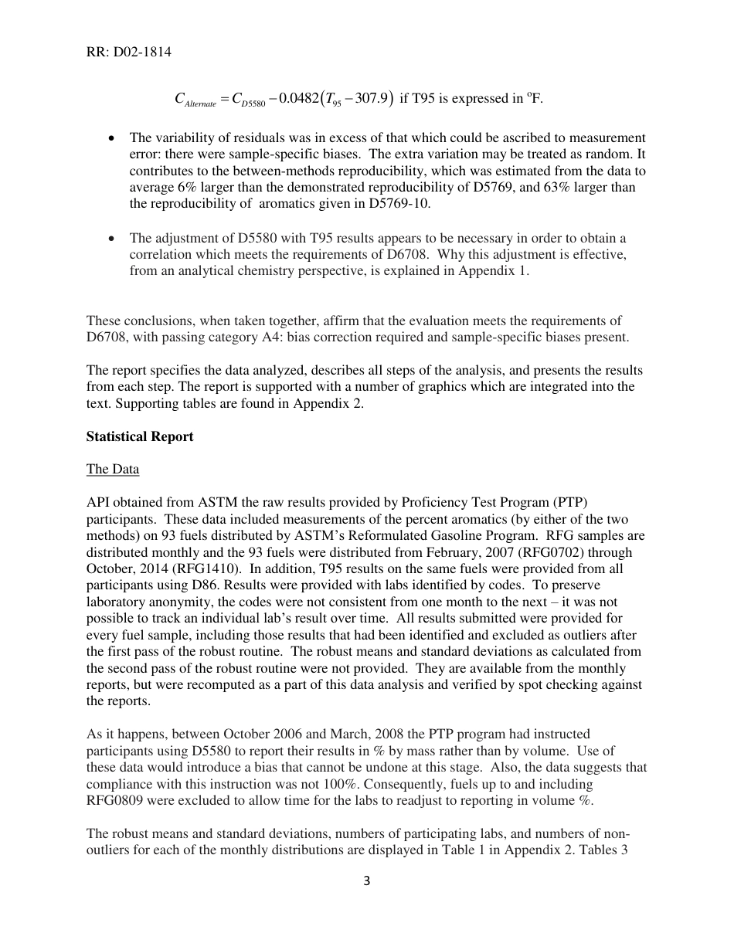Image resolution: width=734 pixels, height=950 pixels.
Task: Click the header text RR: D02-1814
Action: [129, 53]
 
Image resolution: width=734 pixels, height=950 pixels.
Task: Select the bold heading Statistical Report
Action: [140, 436]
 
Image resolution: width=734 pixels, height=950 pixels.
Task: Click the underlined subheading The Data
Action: [113, 469]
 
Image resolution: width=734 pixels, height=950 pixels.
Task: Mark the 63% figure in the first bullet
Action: [535, 188]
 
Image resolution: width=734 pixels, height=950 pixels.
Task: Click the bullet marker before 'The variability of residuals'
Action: [113, 138]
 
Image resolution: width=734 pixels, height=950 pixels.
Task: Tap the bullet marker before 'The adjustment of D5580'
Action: [113, 238]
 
